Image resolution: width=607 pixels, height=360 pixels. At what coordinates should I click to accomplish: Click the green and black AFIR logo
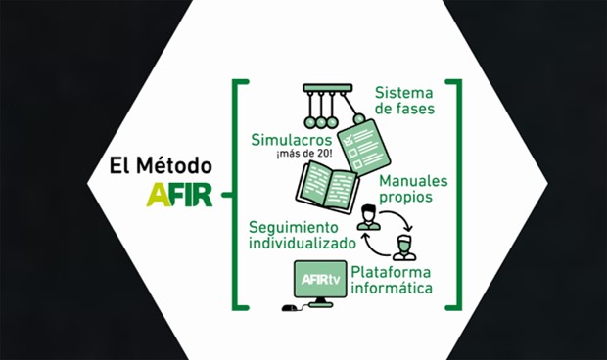(x=178, y=195)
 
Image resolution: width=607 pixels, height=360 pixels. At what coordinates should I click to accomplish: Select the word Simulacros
(x=293, y=140)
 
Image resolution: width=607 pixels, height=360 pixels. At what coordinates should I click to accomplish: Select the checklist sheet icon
(x=363, y=144)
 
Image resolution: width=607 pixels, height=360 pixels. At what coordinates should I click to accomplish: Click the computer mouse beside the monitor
(x=289, y=308)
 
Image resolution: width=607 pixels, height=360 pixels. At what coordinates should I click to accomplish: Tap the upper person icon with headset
(x=368, y=217)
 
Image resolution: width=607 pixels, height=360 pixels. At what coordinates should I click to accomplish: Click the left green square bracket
(x=237, y=196)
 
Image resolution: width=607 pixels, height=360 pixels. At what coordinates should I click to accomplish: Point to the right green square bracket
(x=453, y=196)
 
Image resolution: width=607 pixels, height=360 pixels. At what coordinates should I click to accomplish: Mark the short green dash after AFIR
(x=225, y=196)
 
